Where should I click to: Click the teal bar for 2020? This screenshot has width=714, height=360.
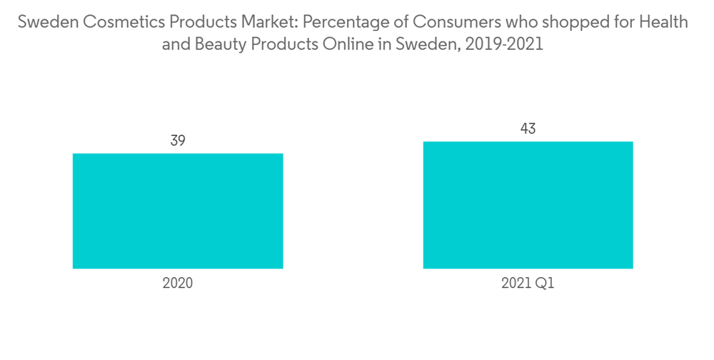[178, 211]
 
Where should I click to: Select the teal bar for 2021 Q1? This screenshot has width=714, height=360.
[528, 205]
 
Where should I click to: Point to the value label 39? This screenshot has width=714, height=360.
[178, 141]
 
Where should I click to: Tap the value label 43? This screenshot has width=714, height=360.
[528, 129]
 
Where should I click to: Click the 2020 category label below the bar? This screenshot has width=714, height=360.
[178, 283]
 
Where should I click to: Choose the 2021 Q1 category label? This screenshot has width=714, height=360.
[528, 283]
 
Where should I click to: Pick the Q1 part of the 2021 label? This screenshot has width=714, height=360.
[546, 283]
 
